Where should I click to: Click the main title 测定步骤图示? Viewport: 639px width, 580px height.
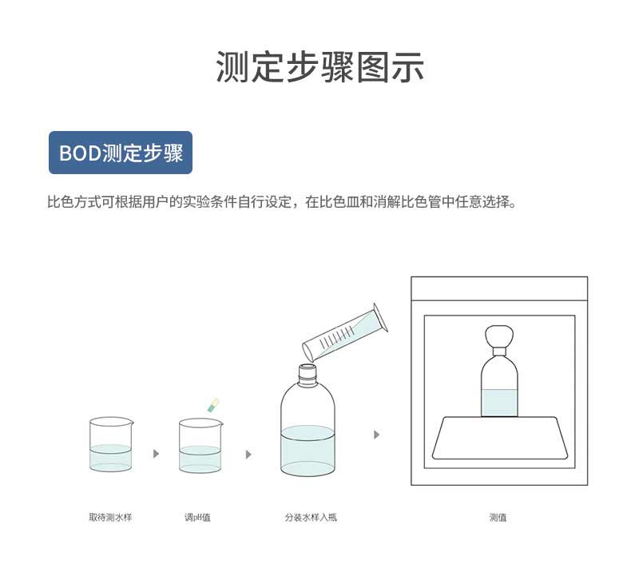click(319, 67)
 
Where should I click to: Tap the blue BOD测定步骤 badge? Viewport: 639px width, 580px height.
click(121, 153)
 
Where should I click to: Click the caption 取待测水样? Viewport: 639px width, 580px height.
click(110, 518)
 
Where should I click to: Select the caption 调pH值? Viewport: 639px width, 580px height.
click(197, 518)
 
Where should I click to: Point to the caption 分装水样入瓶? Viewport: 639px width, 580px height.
click(311, 518)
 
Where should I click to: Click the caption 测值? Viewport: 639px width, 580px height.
click(498, 518)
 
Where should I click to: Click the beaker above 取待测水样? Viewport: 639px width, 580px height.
click(110, 446)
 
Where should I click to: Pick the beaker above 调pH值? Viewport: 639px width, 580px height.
click(200, 446)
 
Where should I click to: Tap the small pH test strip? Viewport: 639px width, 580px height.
click(212, 404)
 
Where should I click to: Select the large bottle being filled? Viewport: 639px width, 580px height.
click(308, 435)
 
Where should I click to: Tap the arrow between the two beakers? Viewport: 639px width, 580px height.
click(156, 454)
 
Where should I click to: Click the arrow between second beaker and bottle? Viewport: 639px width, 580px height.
click(248, 454)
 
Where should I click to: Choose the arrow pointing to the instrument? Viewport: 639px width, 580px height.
click(376, 435)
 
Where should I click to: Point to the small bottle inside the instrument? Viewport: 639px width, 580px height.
click(499, 387)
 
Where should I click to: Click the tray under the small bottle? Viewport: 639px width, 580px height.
click(499, 439)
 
